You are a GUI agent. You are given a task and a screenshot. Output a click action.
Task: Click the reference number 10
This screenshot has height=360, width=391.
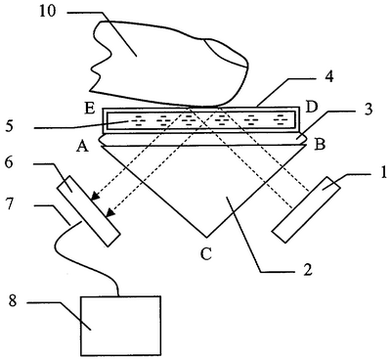point(48,11)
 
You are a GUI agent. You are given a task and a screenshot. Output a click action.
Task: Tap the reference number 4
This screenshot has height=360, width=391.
point(328,76)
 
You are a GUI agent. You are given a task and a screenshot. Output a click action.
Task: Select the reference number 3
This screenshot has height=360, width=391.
point(368,110)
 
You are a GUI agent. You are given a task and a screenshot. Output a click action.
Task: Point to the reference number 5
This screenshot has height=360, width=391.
point(10,125)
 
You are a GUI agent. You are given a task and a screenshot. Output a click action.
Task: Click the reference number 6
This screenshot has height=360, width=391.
point(9,162)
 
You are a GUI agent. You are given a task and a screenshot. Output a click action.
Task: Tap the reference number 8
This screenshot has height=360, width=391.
point(14,301)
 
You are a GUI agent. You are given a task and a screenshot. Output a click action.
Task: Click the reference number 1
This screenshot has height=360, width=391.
point(383,172)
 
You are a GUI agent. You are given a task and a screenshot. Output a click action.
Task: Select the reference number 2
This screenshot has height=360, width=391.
point(308,269)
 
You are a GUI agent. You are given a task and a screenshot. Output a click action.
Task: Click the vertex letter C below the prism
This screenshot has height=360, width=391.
point(206,254)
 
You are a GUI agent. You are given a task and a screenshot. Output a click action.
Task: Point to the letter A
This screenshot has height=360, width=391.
point(82,148)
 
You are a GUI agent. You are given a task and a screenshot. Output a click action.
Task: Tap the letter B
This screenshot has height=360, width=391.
point(320,145)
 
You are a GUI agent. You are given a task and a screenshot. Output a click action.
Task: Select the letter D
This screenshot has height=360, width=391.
point(312,108)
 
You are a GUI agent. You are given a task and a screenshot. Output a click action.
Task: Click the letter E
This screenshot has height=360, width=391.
point(89,108)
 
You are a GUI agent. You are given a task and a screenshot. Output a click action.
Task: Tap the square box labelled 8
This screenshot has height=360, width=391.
point(120,326)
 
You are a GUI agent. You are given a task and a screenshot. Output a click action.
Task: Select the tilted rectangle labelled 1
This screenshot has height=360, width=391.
point(306,209)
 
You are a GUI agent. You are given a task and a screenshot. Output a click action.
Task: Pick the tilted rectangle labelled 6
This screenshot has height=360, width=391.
point(89,210)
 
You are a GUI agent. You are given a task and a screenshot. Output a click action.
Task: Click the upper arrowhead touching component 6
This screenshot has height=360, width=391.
point(95,196)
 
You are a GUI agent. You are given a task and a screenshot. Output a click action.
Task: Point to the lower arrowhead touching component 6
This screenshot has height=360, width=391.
point(110,212)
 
